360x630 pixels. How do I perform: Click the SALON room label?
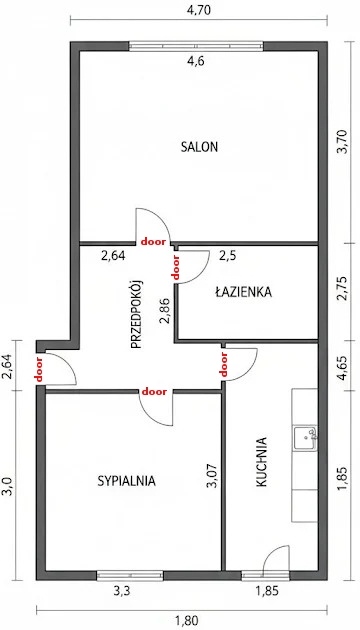tap(199, 147)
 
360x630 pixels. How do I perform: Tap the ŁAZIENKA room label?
tap(243, 292)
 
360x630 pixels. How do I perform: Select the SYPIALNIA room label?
tap(127, 481)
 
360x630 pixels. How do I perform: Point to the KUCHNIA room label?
tap(261, 462)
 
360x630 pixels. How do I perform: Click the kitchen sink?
tap(305, 438)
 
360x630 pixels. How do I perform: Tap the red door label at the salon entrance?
tap(153, 242)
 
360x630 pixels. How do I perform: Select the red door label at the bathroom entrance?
tap(175, 267)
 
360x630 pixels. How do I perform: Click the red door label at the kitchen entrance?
tap(224, 364)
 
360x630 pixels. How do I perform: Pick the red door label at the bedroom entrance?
tap(154, 391)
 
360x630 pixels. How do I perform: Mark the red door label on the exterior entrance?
tap(39, 369)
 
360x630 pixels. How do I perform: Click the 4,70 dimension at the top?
tap(198, 10)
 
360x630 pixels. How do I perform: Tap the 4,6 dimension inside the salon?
tap(196, 61)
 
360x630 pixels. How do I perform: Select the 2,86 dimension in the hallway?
tap(165, 311)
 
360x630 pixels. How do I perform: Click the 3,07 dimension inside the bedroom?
tap(211, 476)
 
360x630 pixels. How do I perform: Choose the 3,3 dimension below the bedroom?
tap(121, 591)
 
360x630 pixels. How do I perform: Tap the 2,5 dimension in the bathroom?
tap(227, 256)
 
